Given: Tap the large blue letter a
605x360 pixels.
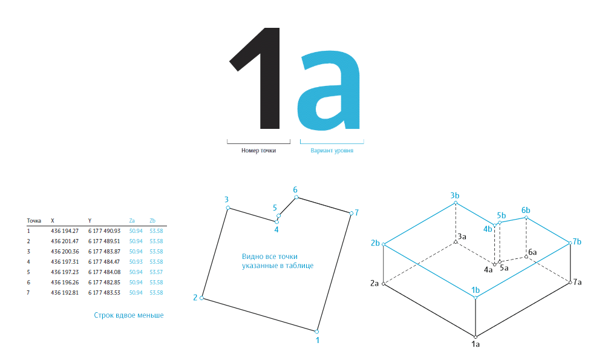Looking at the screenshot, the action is click(x=329, y=91).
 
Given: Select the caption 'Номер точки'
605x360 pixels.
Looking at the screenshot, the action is click(x=258, y=151).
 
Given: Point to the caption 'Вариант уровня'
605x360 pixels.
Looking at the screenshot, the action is click(x=332, y=151).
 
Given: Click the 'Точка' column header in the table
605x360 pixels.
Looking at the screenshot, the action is click(x=34, y=221).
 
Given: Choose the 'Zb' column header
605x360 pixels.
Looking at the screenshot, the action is click(x=152, y=221).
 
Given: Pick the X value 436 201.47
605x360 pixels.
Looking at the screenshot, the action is click(x=65, y=241).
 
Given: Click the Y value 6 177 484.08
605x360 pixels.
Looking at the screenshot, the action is click(x=104, y=272).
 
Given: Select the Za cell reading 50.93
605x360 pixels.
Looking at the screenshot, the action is click(x=136, y=261).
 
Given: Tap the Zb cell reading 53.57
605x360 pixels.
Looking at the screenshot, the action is click(x=156, y=272).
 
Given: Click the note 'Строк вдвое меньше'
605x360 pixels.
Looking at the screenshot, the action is click(x=129, y=315).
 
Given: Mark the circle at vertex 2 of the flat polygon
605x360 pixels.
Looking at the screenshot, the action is click(x=201, y=298).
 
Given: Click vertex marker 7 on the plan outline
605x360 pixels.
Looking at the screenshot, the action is click(x=352, y=213).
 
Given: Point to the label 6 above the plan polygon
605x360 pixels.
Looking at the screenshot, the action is click(x=295, y=189).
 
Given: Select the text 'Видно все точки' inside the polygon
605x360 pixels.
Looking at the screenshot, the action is click(x=270, y=257).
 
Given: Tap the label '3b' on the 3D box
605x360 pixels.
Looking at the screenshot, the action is click(x=455, y=195).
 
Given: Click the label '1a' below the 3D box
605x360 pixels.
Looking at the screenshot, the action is click(x=476, y=344).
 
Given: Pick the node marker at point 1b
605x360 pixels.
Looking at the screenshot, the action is click(x=476, y=298).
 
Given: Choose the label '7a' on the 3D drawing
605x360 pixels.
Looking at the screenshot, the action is click(x=577, y=282).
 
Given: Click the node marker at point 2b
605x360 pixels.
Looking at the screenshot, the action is click(x=384, y=244).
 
